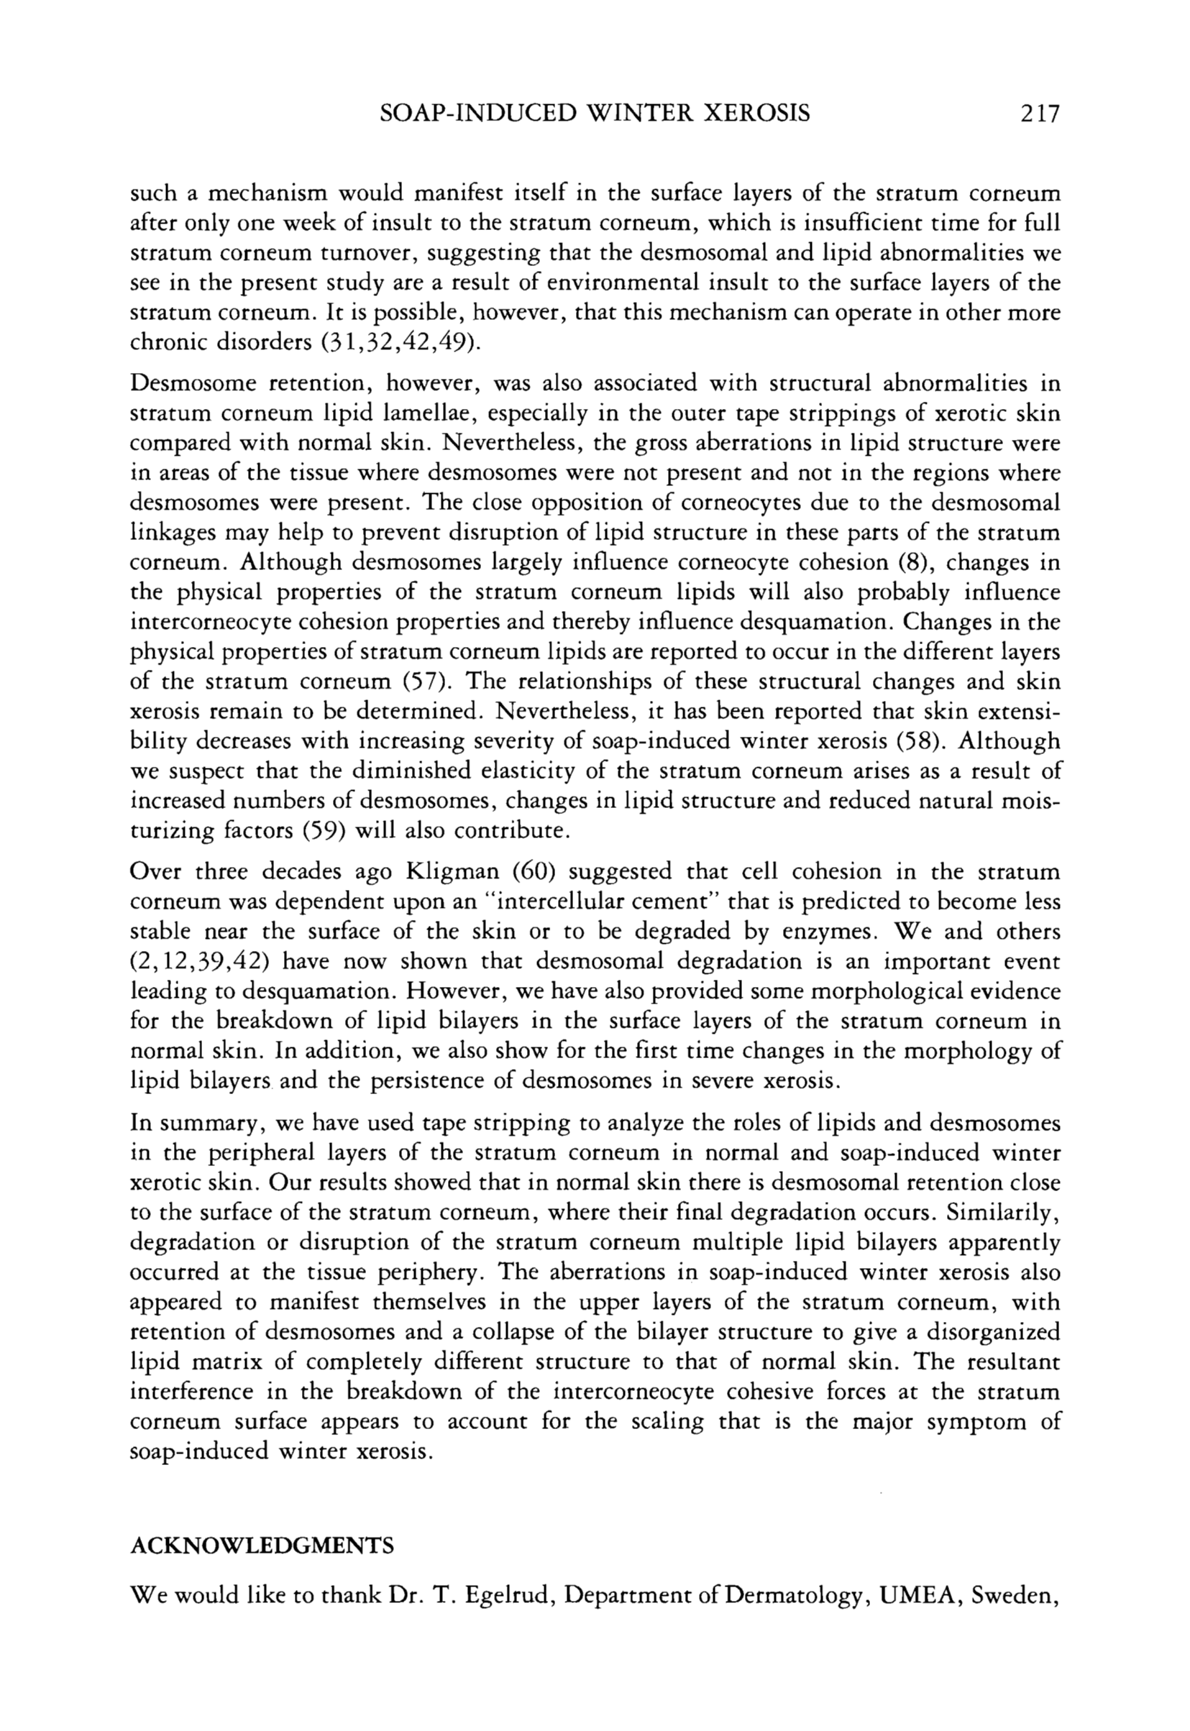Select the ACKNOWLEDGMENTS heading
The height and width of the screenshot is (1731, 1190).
(x=262, y=1546)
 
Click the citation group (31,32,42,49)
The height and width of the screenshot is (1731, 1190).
(x=400, y=343)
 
